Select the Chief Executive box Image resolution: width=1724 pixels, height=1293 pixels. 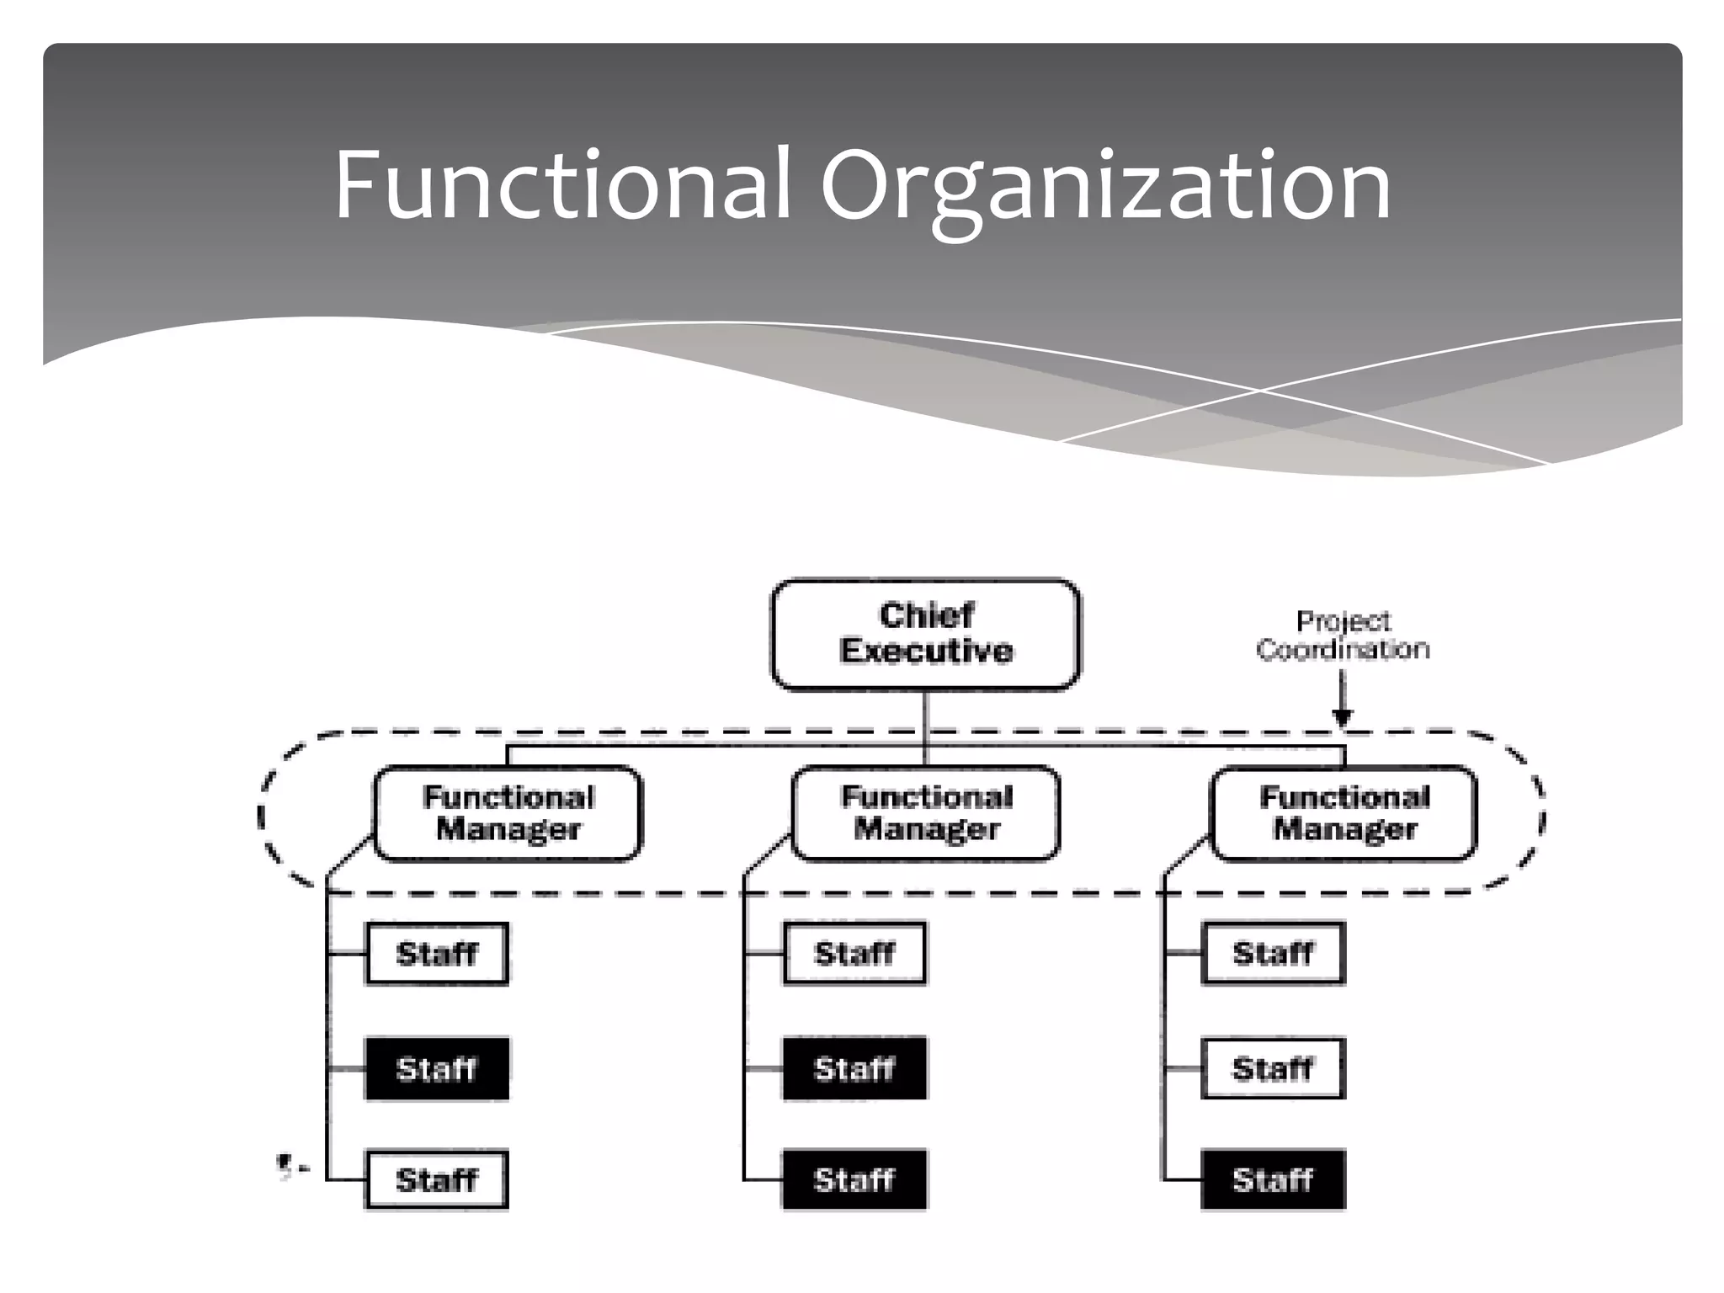[x=925, y=634]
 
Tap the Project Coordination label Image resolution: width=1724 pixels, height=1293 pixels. [x=1343, y=635]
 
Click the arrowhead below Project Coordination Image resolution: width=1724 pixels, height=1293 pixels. [x=1343, y=718]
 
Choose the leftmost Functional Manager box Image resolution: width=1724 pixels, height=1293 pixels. [x=508, y=813]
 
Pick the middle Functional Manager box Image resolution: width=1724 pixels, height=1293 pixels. [x=925, y=813]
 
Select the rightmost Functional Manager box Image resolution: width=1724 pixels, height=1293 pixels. [x=1344, y=813]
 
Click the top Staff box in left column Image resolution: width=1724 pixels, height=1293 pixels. [x=437, y=954]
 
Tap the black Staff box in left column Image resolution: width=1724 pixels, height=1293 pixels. [x=437, y=1068]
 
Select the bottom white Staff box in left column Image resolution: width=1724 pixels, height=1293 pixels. [x=437, y=1179]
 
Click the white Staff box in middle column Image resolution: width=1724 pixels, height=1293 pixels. [x=854, y=954]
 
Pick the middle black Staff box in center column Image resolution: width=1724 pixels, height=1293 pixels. [x=854, y=1068]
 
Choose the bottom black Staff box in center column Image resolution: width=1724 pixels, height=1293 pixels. [x=854, y=1179]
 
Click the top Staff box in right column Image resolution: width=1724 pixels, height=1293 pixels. [x=1273, y=954]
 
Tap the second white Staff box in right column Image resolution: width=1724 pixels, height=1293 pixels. [x=1273, y=1068]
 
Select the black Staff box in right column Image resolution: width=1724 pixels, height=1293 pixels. [x=1273, y=1179]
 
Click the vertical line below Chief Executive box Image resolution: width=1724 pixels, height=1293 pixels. [x=925, y=716]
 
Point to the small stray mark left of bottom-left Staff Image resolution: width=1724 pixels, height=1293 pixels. [x=286, y=1167]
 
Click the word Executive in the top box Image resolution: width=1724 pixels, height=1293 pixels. [x=926, y=651]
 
